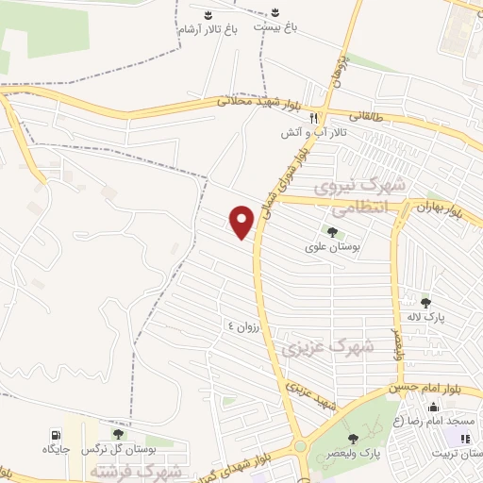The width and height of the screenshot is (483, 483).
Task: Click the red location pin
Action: [x=243, y=220]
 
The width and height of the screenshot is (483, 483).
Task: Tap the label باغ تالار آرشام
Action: [x=208, y=30]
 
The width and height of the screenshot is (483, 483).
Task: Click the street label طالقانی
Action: [x=367, y=116]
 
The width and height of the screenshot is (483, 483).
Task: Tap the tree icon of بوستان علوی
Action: [x=331, y=231]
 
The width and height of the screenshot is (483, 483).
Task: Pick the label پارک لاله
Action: [x=432, y=318]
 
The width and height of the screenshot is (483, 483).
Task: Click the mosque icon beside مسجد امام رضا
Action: [x=434, y=408]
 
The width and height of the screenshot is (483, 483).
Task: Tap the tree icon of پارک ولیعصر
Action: [x=353, y=437]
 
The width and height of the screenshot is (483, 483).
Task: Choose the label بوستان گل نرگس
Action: [x=112, y=449]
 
